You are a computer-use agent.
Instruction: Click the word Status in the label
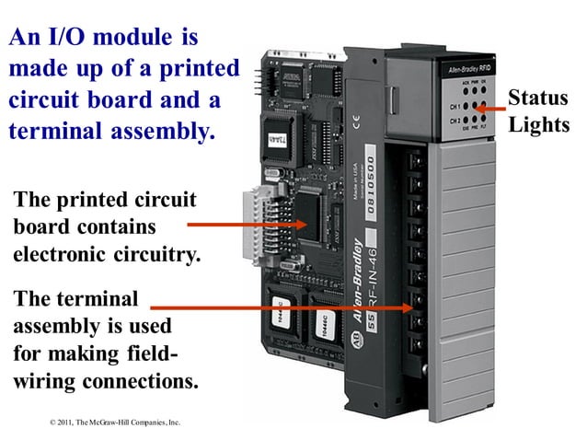coord(538,98)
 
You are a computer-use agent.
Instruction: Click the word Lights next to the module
coord(540,124)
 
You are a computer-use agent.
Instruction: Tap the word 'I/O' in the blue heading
coord(73,39)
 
